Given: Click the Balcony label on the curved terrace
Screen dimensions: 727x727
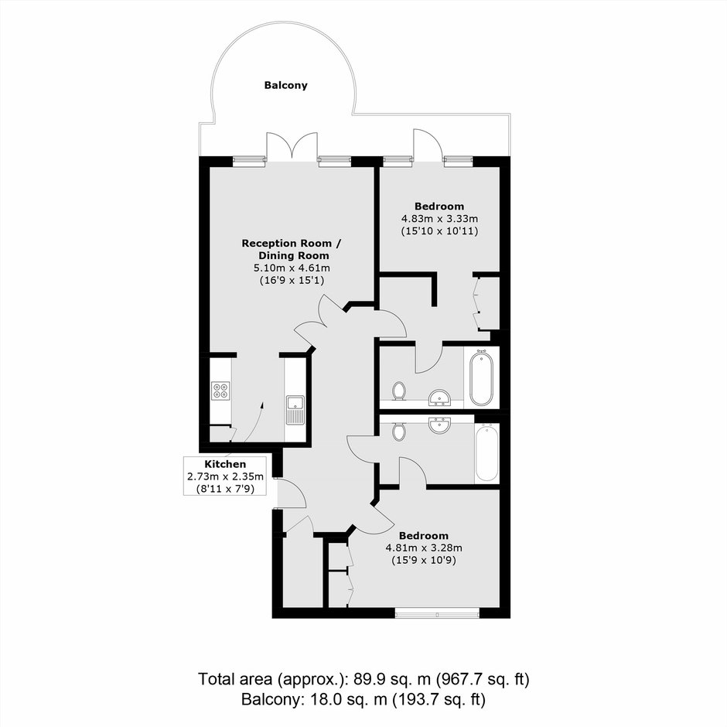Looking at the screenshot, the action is coord(285,85).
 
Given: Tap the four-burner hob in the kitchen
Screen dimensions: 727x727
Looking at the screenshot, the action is coord(220,391).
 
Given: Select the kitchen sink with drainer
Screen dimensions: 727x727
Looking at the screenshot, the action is coord(295,410).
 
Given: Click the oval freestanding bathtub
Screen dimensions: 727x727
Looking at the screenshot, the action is coord(482,378).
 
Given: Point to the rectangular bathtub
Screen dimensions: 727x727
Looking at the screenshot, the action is coord(486,454).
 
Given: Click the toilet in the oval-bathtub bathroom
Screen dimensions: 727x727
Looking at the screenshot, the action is coord(398,391).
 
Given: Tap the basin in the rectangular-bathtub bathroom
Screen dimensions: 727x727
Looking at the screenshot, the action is coord(439,425).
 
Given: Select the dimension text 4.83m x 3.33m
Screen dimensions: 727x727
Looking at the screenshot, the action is coord(439,218).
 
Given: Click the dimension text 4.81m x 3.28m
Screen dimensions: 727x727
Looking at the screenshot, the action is coord(424,548).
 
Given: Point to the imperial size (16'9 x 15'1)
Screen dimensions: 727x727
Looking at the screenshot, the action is coord(292,280).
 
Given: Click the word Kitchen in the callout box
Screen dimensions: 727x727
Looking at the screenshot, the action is coord(225,464).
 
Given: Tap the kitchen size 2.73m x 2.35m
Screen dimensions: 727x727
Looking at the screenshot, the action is coord(225,476).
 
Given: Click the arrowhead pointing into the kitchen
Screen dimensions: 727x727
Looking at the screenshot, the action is coord(262,405).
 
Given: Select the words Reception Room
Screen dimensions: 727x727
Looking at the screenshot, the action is coord(286,244).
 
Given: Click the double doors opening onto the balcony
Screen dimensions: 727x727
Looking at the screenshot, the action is coord(292,147).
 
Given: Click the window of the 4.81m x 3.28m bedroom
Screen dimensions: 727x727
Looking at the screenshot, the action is coord(437,613).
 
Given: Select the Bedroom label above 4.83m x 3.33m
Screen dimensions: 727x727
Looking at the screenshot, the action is coord(439,206).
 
